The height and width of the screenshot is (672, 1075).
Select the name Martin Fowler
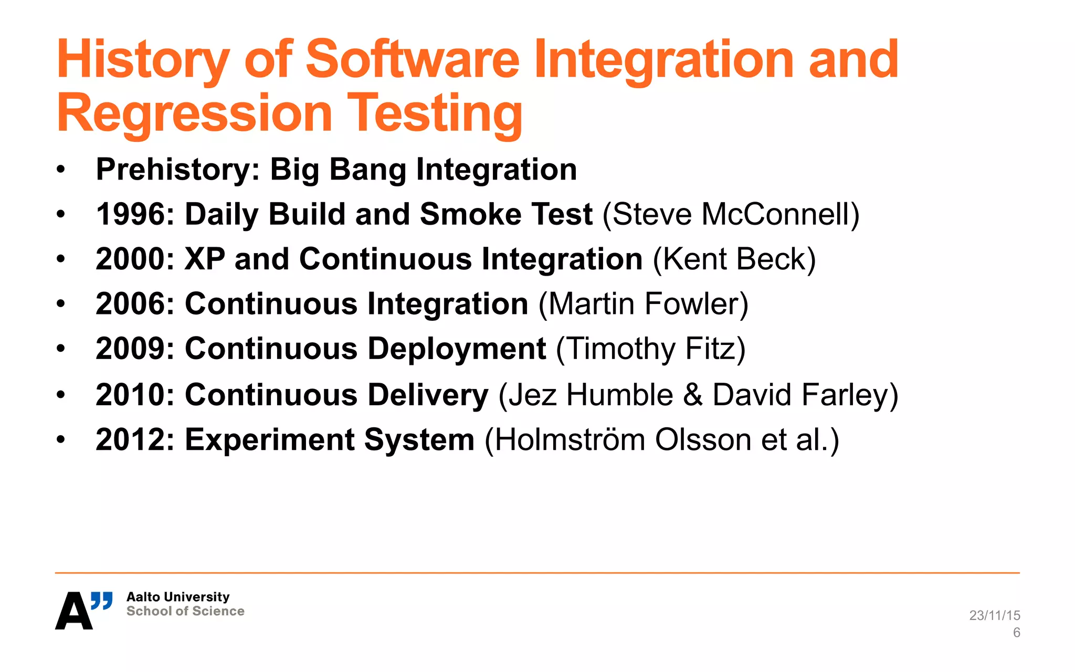[x=644, y=304]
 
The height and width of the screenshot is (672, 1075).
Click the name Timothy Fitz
[x=651, y=349]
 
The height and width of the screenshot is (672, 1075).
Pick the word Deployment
[x=457, y=349]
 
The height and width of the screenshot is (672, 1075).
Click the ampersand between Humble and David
[x=692, y=395]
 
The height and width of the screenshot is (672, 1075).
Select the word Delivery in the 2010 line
[x=428, y=395]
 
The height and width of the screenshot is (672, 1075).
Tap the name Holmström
[x=570, y=440]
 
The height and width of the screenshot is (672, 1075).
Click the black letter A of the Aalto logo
[x=73, y=611]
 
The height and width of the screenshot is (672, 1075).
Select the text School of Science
[x=185, y=611]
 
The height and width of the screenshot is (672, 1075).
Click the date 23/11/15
[x=994, y=615]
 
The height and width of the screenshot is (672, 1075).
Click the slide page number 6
[x=1016, y=633]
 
